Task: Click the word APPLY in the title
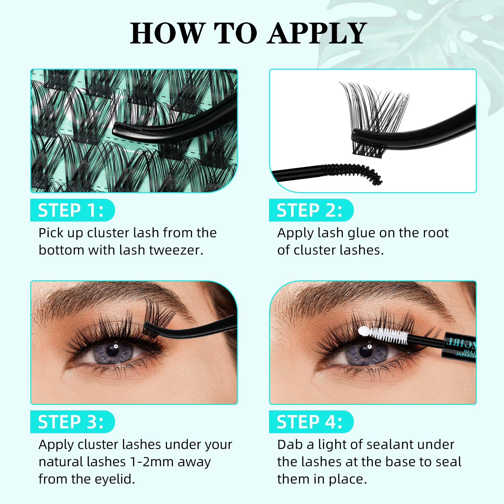click(x=317, y=33)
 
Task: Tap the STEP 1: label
click(x=71, y=210)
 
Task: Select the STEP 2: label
click(x=310, y=210)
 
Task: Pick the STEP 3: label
click(x=71, y=422)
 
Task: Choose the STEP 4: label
click(x=310, y=422)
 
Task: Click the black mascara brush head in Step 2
click(x=353, y=172)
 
